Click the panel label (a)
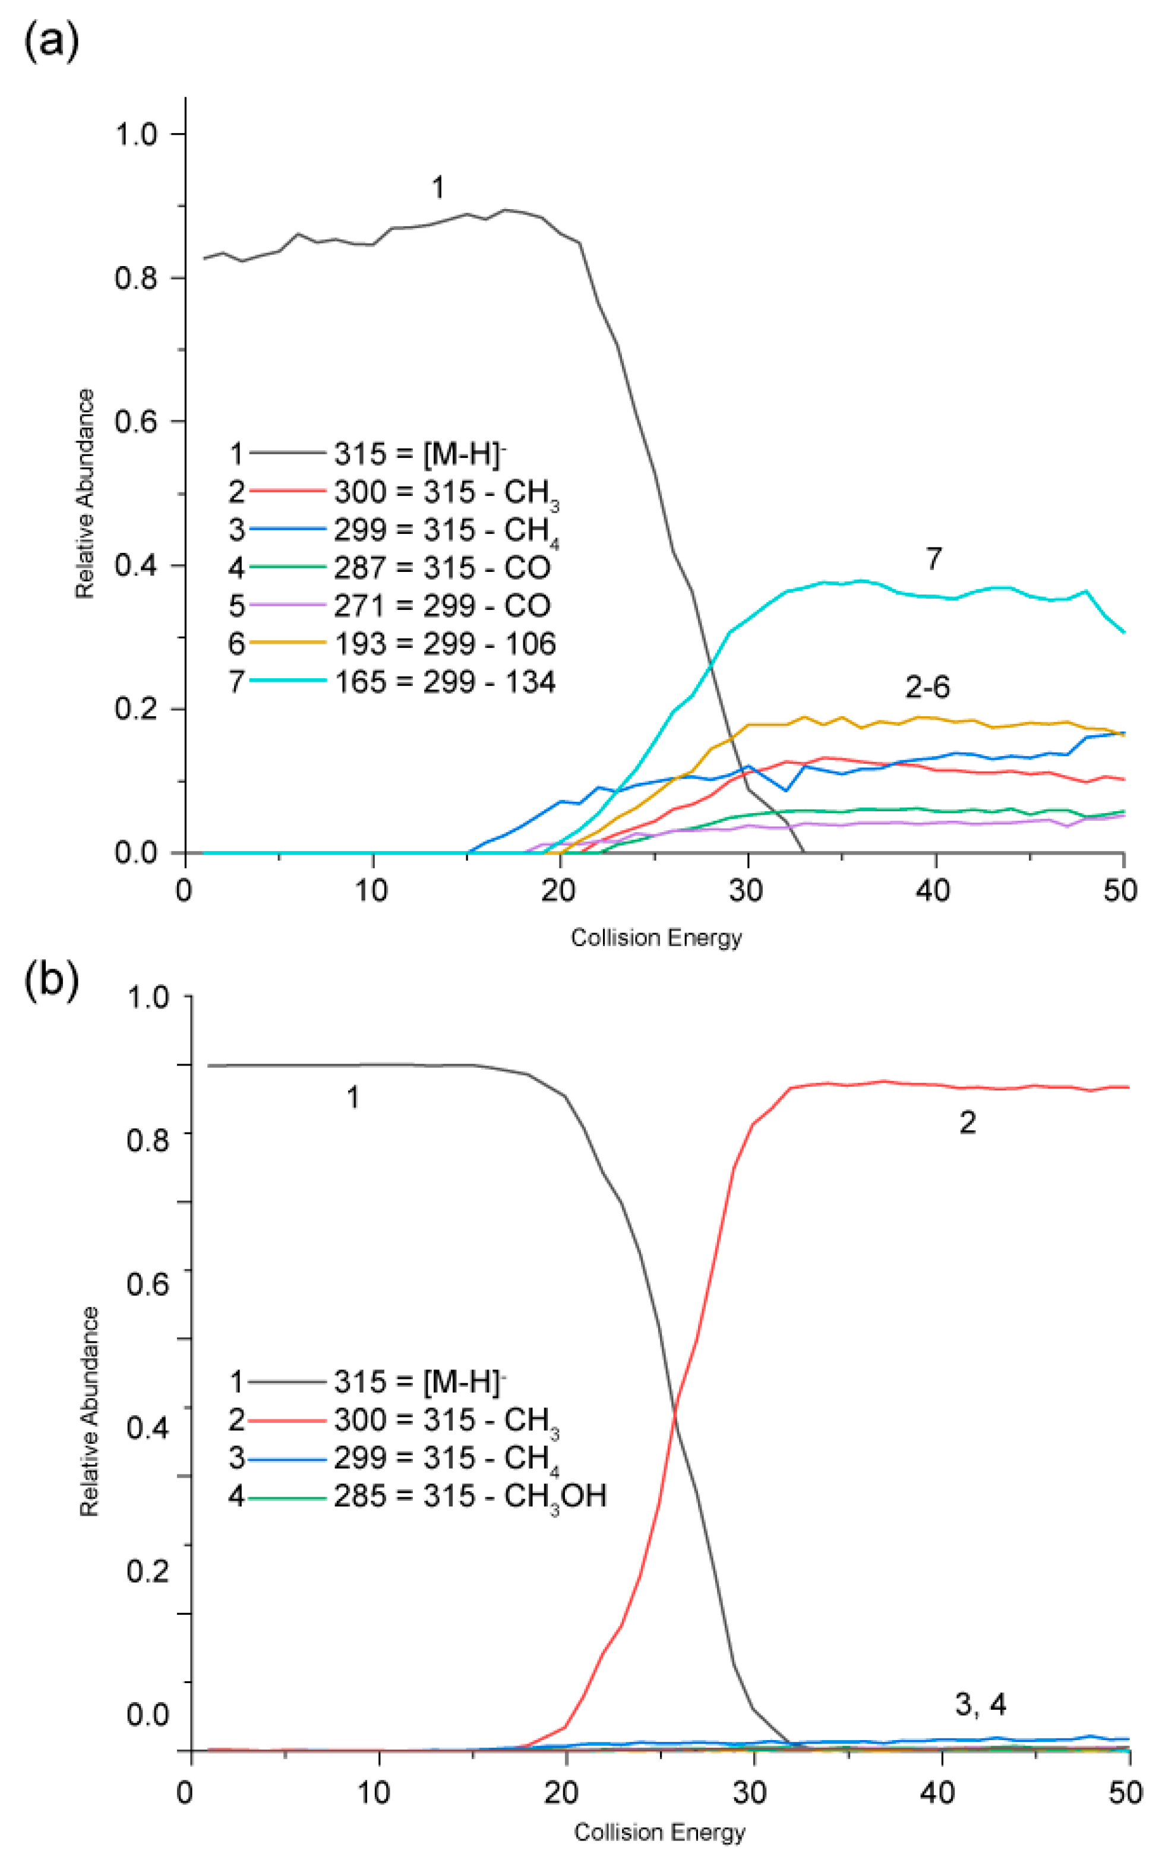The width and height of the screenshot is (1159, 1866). point(51,40)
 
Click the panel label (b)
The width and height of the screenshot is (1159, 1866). point(51,982)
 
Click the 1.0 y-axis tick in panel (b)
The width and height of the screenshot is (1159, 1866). point(147,997)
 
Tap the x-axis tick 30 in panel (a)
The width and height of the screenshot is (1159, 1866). point(747,890)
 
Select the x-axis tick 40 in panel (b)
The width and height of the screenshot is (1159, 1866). point(937,1792)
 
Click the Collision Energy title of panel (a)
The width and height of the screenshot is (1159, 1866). point(656,937)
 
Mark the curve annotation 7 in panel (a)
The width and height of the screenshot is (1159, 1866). point(933,559)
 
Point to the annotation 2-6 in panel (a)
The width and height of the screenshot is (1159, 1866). point(927,687)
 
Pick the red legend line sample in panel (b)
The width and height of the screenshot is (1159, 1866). point(288,1420)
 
